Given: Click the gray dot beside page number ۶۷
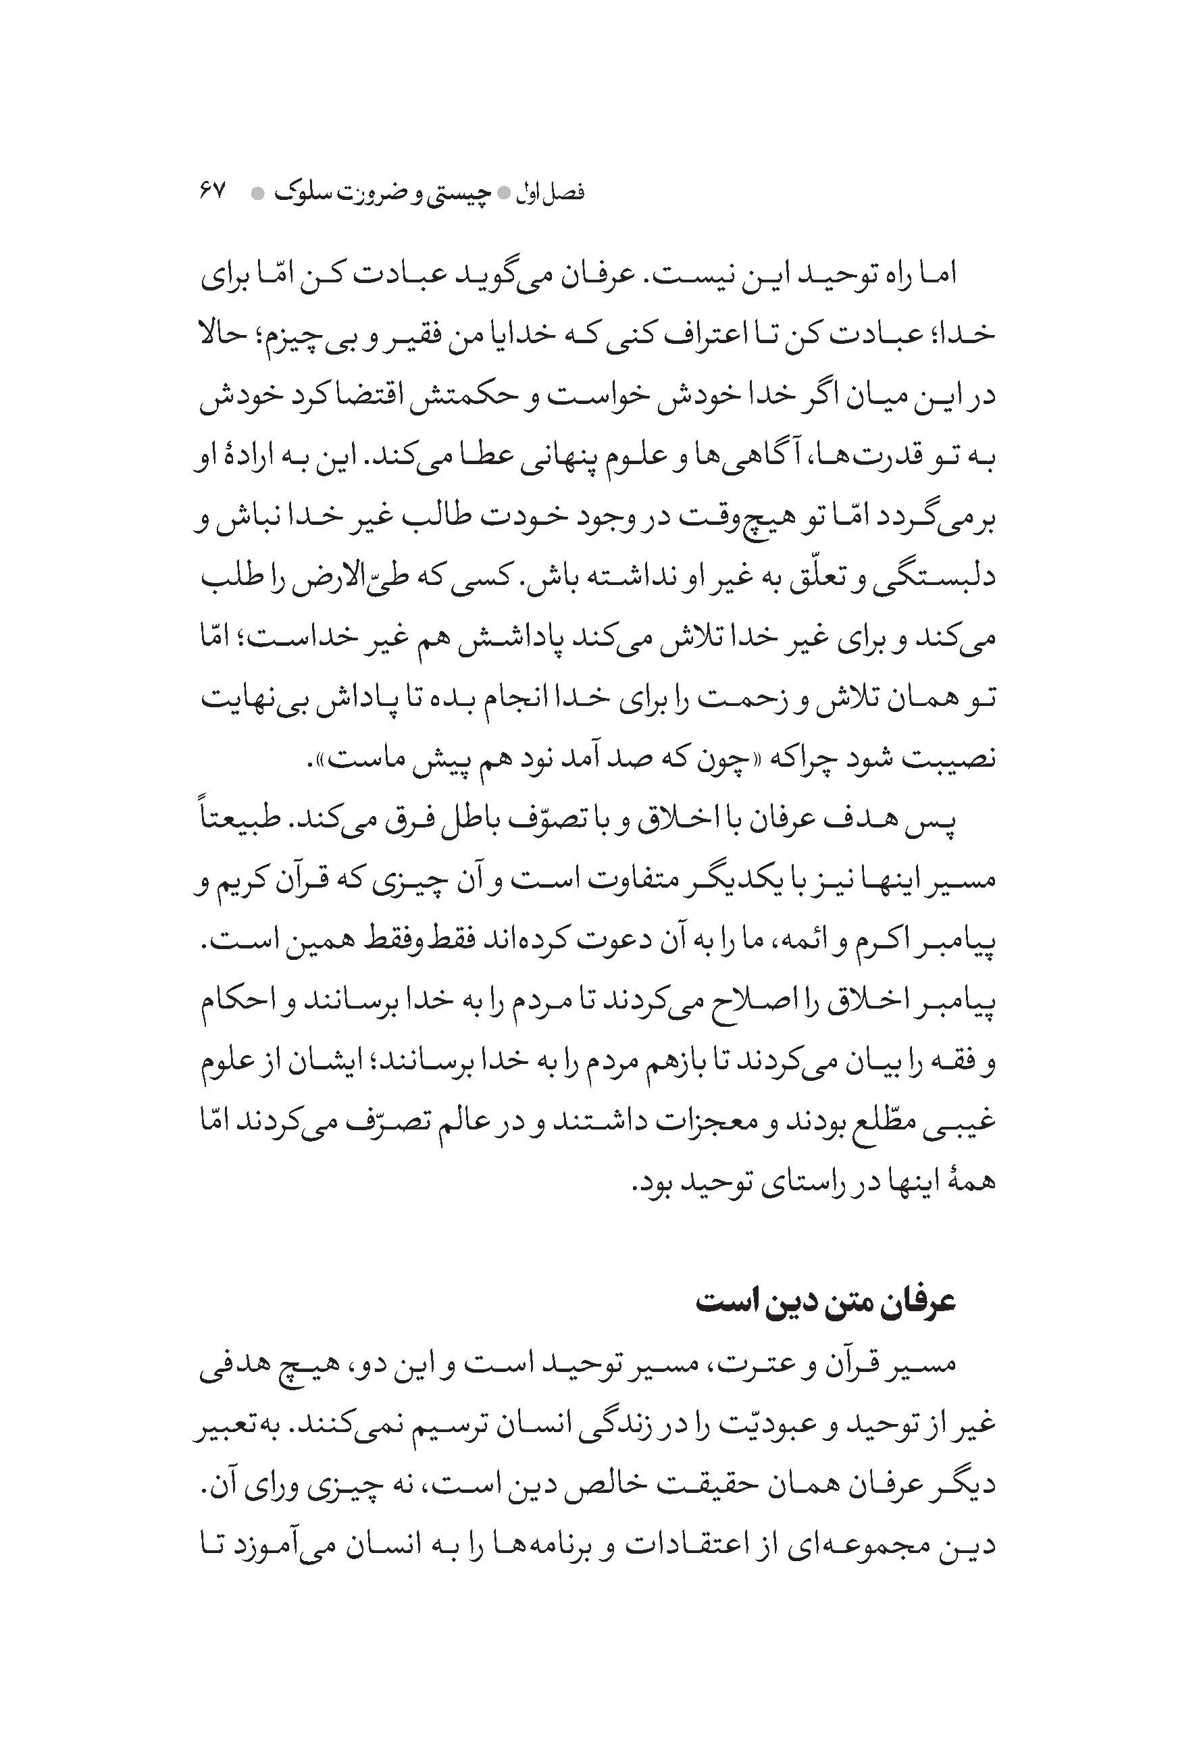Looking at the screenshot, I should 257,194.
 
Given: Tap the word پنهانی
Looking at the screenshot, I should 561,456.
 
